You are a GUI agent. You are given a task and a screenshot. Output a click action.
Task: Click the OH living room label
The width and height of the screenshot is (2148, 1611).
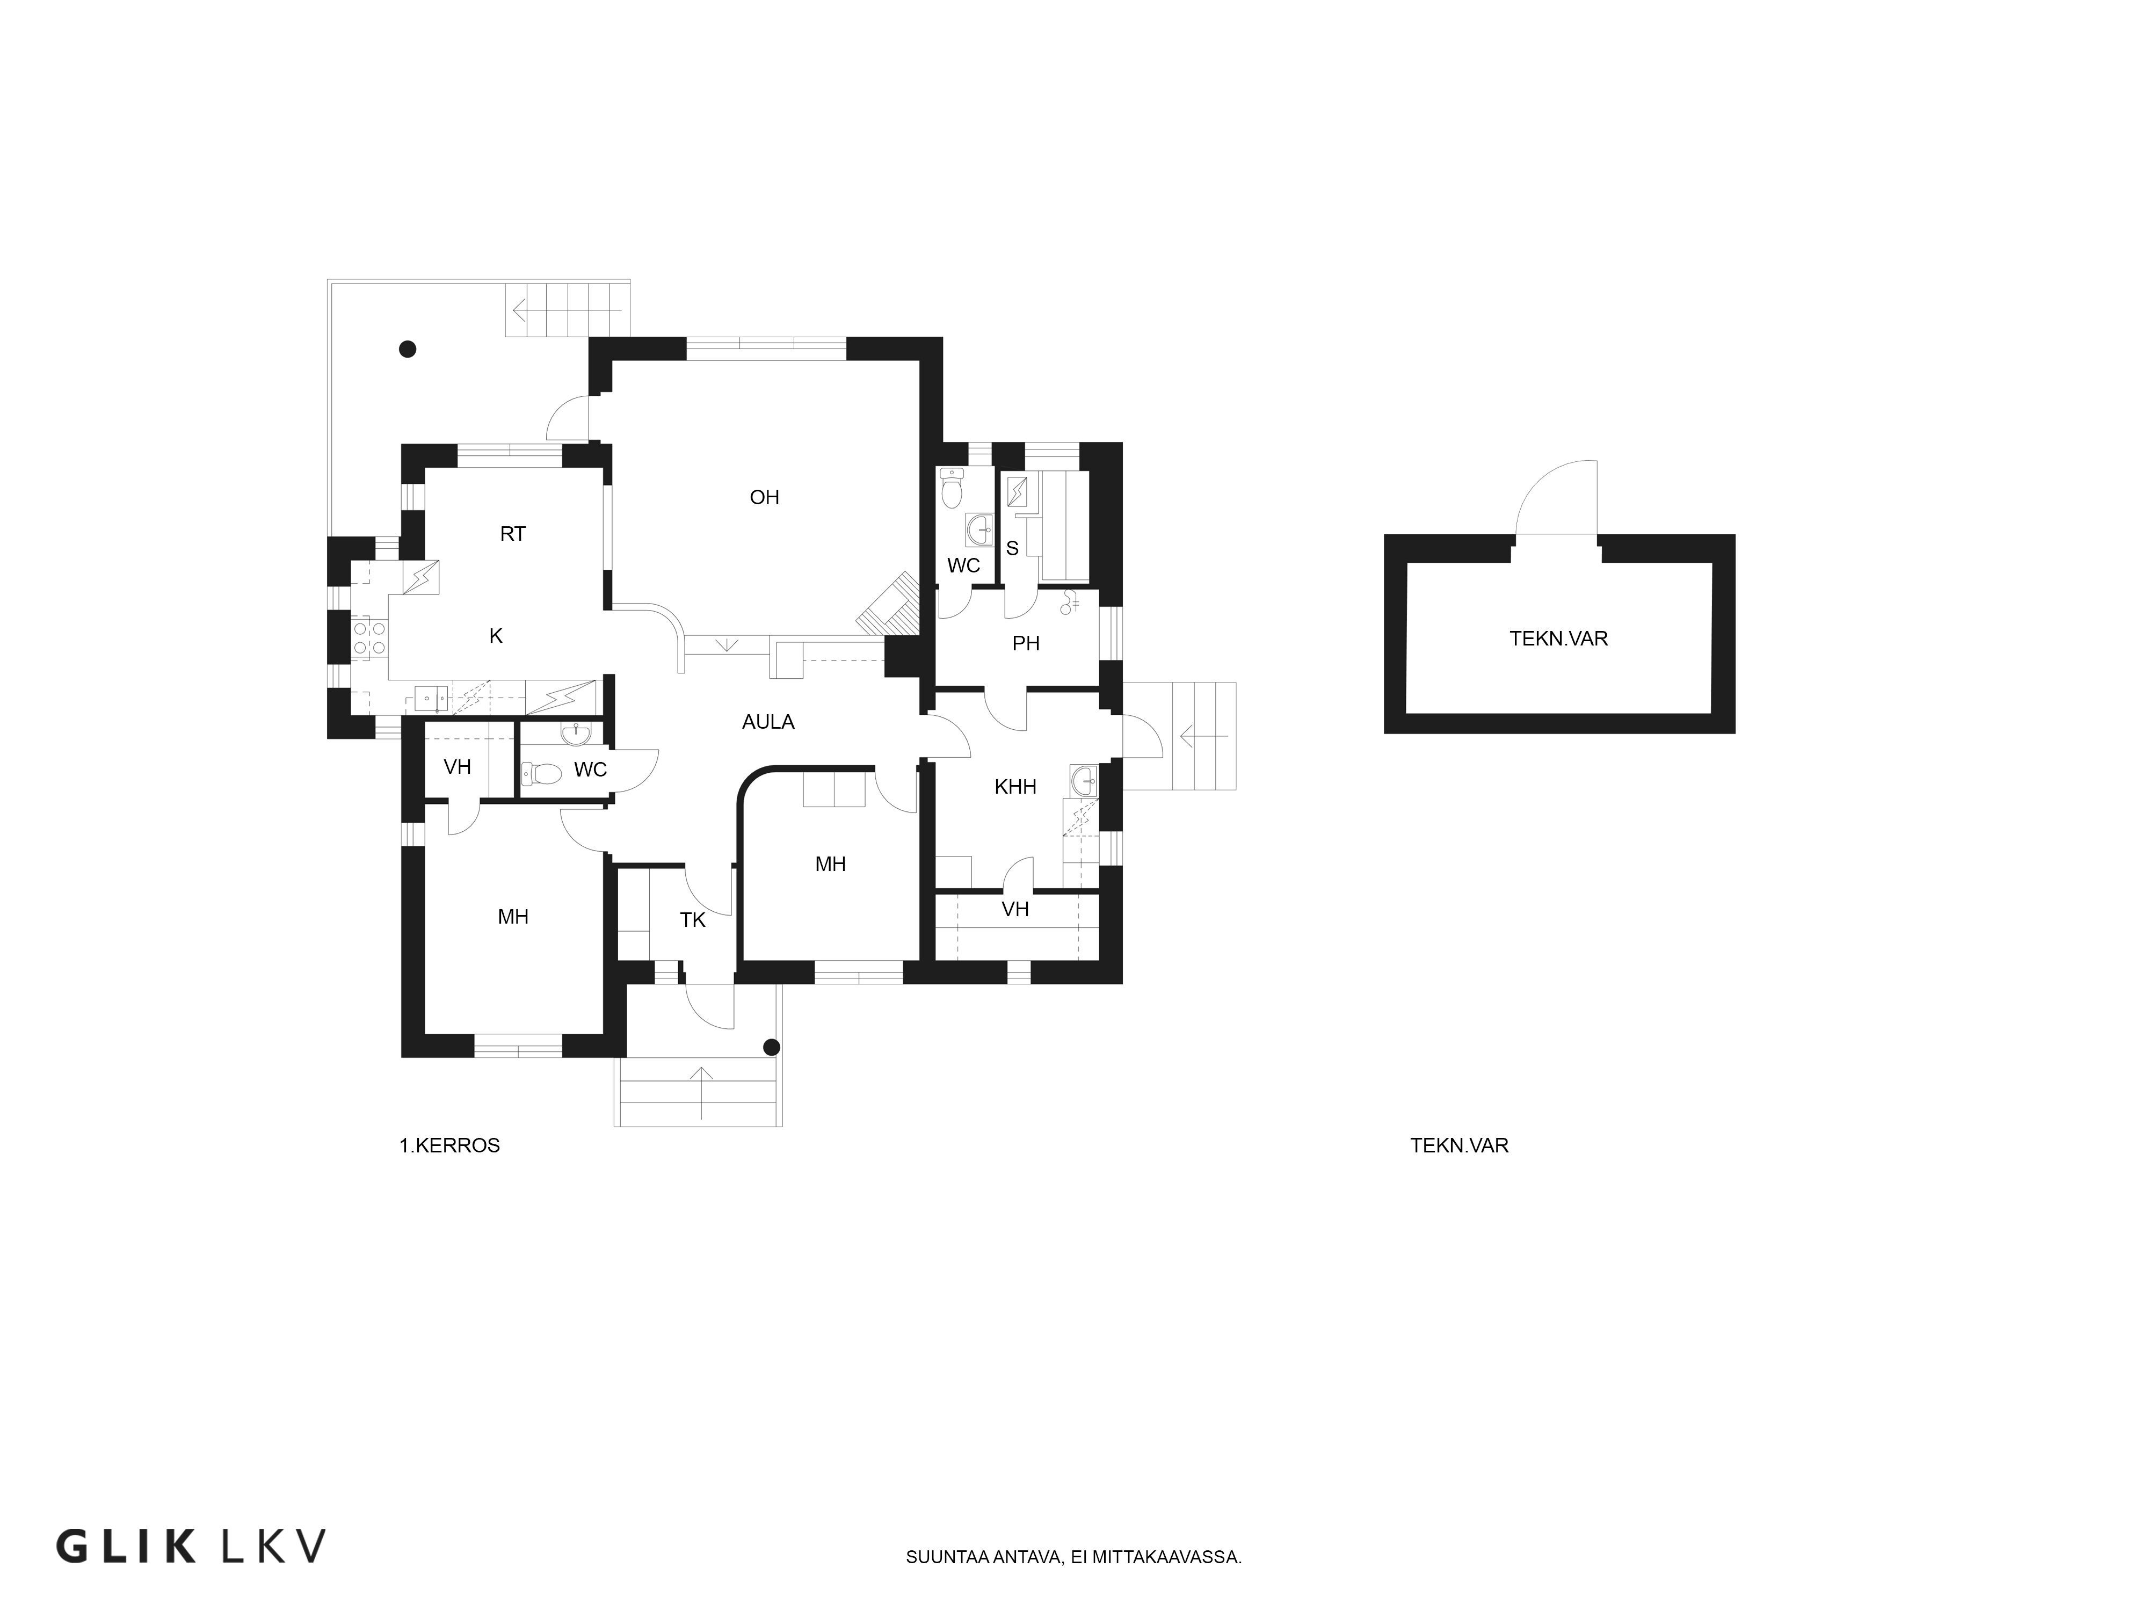[764, 497]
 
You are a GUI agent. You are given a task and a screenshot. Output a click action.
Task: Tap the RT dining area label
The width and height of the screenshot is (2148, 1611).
[513, 534]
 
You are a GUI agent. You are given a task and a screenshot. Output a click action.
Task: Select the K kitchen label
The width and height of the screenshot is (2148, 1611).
[496, 636]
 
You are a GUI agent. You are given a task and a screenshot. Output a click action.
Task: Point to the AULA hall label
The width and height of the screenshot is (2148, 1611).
[768, 722]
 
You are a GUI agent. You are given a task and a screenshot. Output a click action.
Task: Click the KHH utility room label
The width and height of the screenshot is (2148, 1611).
[1016, 787]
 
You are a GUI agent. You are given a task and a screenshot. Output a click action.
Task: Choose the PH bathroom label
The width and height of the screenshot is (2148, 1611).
[1026, 643]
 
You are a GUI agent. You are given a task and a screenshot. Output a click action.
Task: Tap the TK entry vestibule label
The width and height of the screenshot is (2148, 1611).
[692, 919]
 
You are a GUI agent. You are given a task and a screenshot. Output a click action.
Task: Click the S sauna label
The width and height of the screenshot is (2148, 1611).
[1012, 549]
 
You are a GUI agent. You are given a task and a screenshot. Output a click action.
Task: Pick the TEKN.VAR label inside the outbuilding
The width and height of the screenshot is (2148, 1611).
[1558, 639]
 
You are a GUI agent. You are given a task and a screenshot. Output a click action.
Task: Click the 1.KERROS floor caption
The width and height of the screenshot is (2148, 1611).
[449, 1146]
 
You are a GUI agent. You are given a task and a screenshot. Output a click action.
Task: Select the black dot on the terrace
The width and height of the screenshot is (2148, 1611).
[408, 349]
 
